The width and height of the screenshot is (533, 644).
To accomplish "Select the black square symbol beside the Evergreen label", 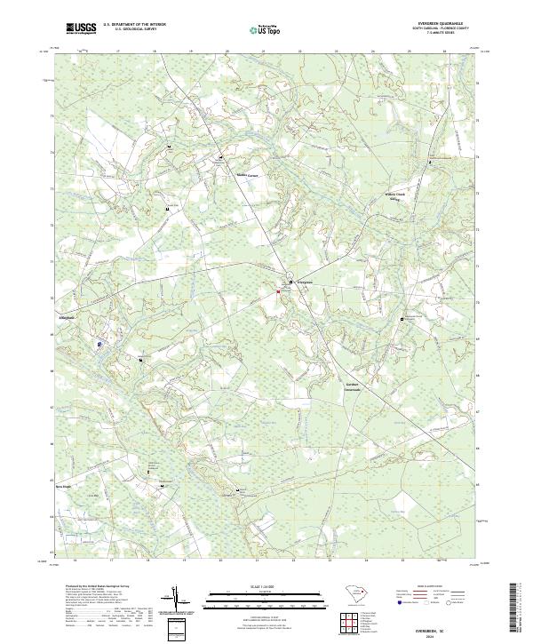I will pos(293,282).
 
